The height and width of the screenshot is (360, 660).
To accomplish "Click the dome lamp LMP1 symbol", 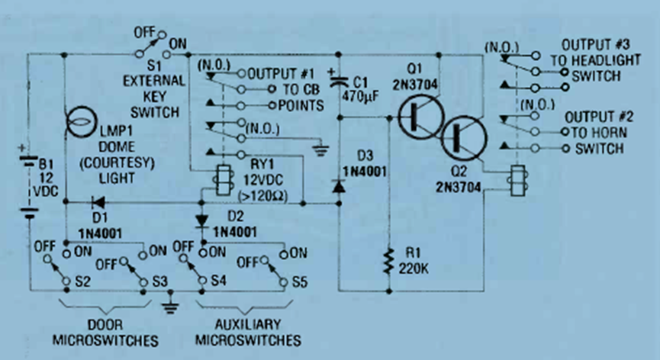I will [81, 124].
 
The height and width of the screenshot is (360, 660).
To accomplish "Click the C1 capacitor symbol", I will [336, 79].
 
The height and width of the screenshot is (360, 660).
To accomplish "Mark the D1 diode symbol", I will [98, 204].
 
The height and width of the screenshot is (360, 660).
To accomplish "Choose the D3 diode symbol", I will [336, 185].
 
